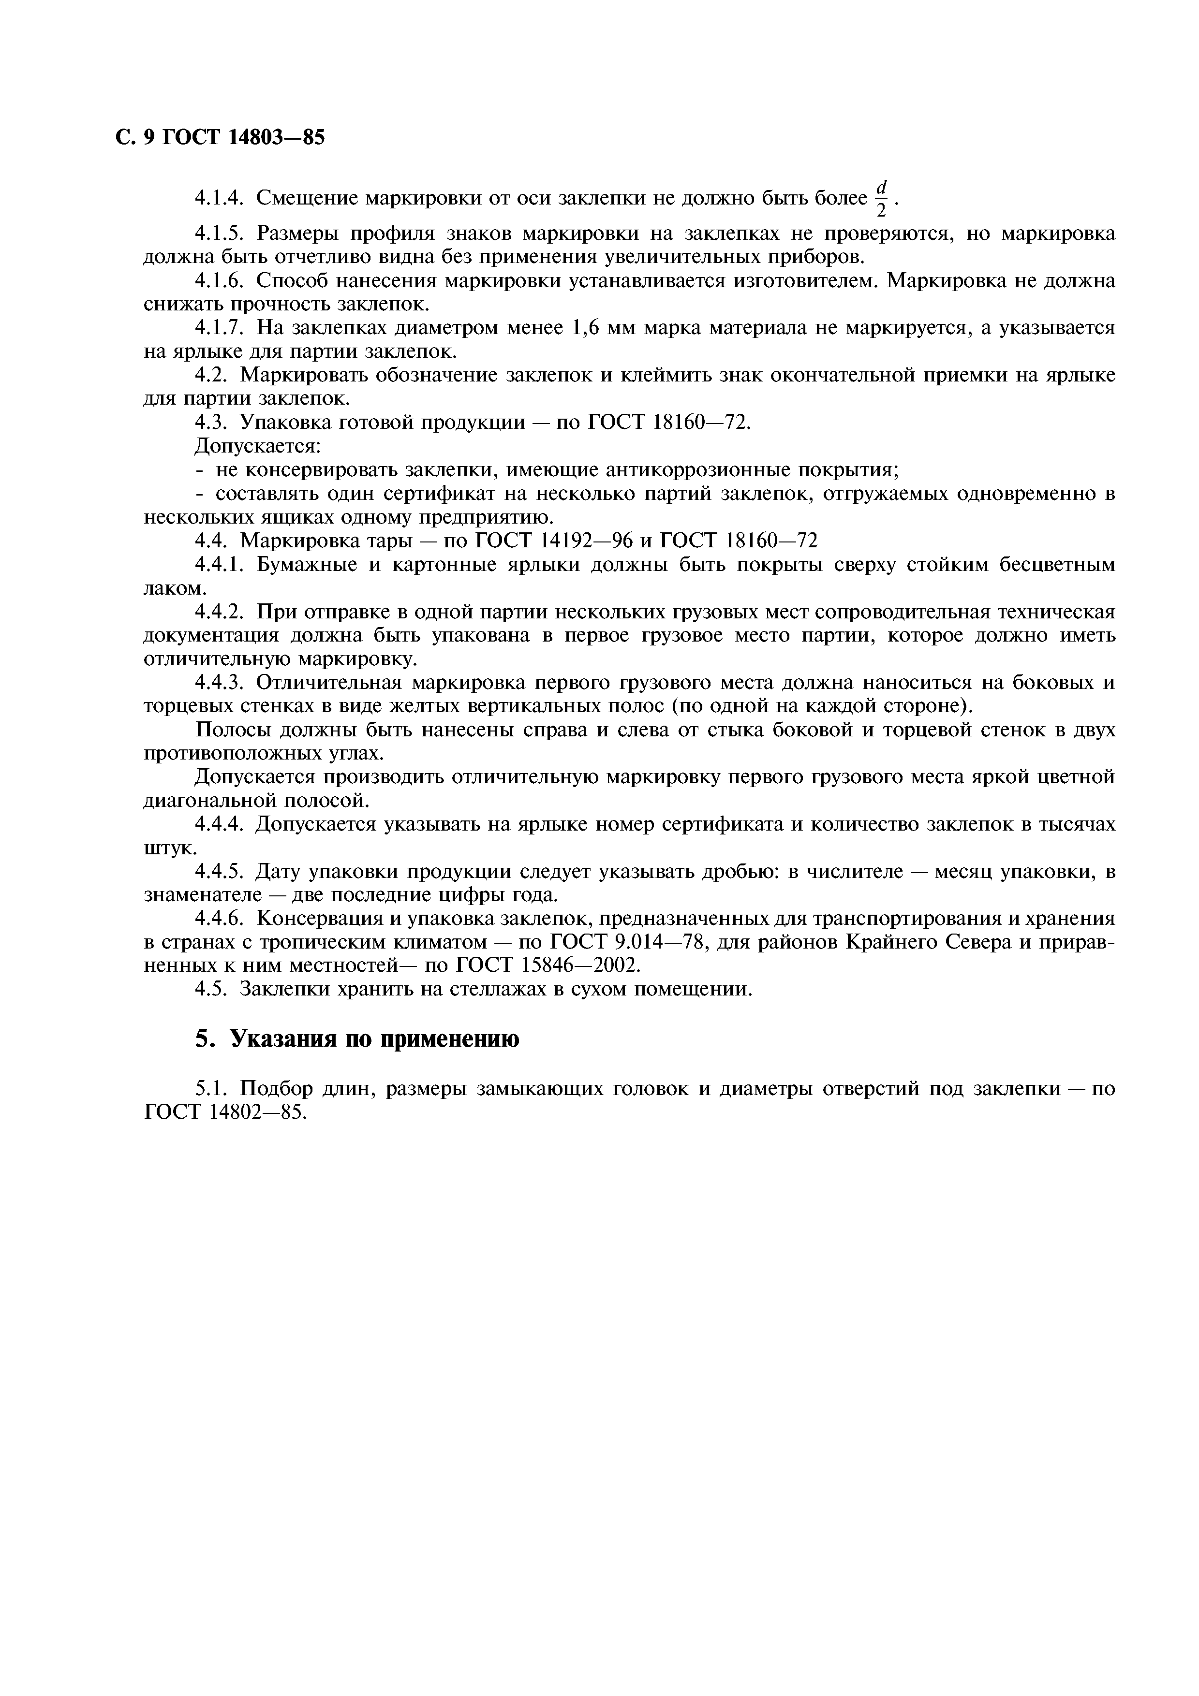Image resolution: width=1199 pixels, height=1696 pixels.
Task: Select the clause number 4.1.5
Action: point(219,234)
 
